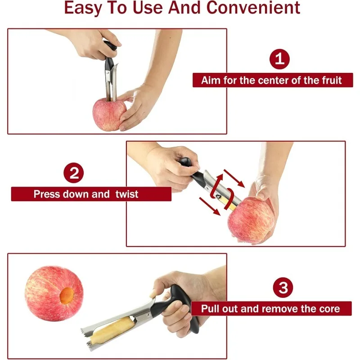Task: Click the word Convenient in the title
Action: click(253, 8)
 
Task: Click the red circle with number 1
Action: click(279, 59)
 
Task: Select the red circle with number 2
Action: click(73, 173)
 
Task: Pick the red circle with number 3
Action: click(283, 288)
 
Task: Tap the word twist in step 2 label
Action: click(127, 194)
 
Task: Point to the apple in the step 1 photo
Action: click(109, 114)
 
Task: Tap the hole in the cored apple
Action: click(67, 296)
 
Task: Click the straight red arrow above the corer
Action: click(234, 178)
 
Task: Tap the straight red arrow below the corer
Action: click(210, 207)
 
